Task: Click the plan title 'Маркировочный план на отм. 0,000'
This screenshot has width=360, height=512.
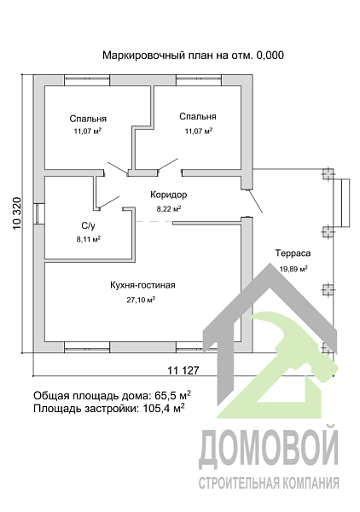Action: [x=192, y=55]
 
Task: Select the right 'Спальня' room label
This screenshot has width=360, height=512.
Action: [x=198, y=117]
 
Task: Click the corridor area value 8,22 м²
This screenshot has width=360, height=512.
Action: [x=168, y=208]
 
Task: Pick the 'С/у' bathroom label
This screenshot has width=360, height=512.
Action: [x=88, y=225]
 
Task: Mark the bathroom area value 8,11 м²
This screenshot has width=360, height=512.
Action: [x=88, y=240]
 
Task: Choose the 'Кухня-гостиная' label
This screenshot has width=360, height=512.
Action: [x=142, y=285]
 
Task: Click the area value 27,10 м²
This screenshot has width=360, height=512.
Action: [x=142, y=300]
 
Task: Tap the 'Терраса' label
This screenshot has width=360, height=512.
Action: [x=293, y=253]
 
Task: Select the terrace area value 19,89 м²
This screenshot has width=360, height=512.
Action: [x=293, y=268]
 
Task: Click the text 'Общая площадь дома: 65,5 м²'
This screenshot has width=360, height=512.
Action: [x=112, y=395]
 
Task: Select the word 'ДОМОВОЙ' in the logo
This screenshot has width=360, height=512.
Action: [x=269, y=450]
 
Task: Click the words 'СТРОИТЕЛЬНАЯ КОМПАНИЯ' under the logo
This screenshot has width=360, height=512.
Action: [x=269, y=484]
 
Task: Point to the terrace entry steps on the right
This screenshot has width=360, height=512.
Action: [x=343, y=201]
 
